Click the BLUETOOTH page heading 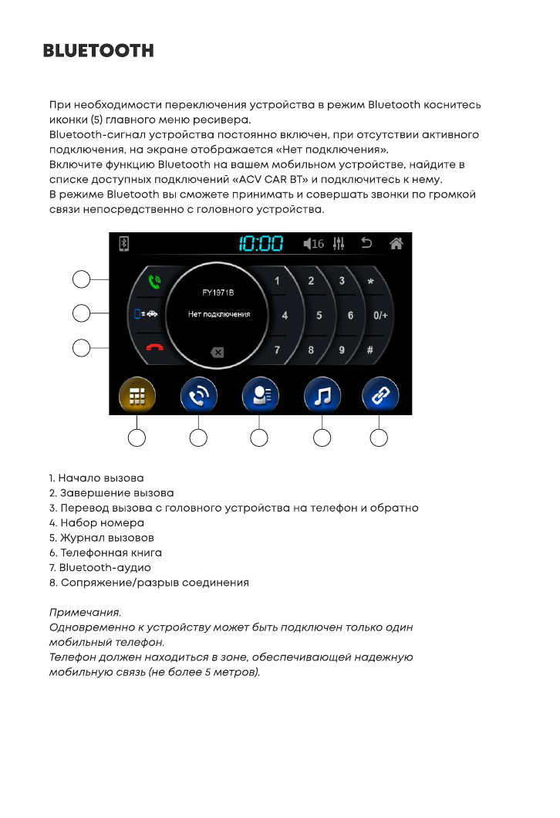(98, 51)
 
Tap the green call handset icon (153, 282)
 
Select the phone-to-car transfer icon (146, 314)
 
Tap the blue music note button (322, 396)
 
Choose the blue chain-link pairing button (380, 396)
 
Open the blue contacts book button (260, 396)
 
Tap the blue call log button (198, 396)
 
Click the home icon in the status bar (396, 244)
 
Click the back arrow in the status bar (366, 244)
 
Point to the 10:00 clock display (261, 245)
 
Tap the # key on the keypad (370, 350)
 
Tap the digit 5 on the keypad (319, 316)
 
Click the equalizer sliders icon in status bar (339, 244)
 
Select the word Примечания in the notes (85, 613)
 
